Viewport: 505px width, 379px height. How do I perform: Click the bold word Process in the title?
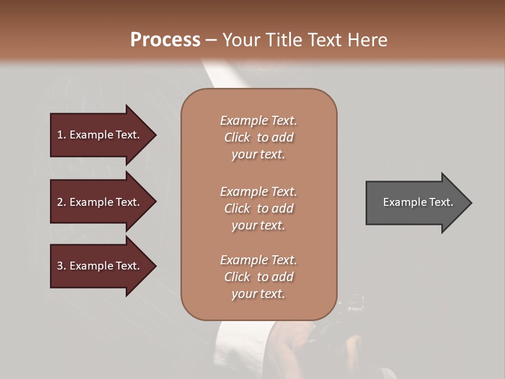pyautogui.click(x=165, y=40)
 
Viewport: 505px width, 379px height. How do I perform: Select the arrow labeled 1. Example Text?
pyautogui.click(x=100, y=135)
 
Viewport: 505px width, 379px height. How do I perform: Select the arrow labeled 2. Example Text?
pyautogui.click(x=100, y=202)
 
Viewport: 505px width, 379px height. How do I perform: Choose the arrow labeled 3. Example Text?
pyautogui.click(x=100, y=266)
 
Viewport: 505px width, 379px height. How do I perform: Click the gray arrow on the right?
pyautogui.click(x=416, y=203)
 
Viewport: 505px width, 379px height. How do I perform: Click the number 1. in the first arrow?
pyautogui.click(x=61, y=135)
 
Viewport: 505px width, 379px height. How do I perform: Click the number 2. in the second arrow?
pyautogui.click(x=61, y=202)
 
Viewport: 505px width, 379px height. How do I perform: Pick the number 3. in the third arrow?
pyautogui.click(x=61, y=266)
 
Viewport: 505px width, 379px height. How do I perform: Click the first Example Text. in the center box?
pyautogui.click(x=258, y=121)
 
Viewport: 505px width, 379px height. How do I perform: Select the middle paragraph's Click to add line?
pyautogui.click(x=258, y=208)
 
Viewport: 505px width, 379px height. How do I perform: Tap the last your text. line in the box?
pyautogui.click(x=258, y=294)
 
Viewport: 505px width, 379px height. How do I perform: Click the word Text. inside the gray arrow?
pyautogui.click(x=440, y=202)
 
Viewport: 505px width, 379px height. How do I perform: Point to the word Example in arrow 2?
pyautogui.click(x=92, y=202)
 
